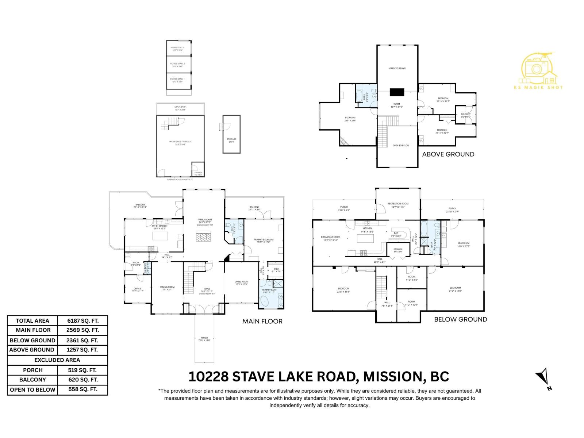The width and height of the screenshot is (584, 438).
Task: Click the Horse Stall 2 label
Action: click(177, 65)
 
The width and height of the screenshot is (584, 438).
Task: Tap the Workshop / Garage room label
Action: click(180, 143)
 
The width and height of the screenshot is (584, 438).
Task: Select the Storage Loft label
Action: click(231, 140)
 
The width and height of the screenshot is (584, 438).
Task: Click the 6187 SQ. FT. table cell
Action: click(83, 321)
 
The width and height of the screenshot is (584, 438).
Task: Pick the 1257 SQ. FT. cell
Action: click(83, 350)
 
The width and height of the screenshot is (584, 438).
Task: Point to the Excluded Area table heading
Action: click(58, 360)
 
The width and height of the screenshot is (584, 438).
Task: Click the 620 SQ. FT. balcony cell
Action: click(83, 380)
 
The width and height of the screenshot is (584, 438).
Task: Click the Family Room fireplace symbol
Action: click(203, 237)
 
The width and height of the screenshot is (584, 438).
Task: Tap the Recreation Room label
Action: click(398, 205)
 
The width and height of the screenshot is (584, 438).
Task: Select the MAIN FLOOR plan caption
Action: click(262, 322)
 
